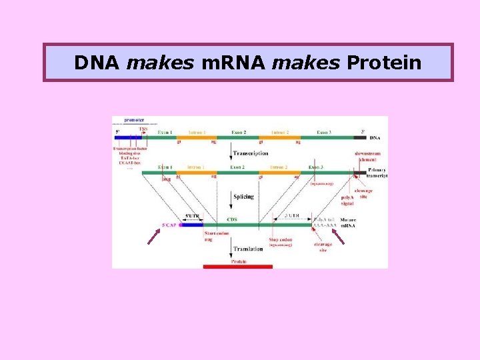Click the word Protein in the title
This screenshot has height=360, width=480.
click(383, 63)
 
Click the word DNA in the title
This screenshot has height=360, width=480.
click(97, 63)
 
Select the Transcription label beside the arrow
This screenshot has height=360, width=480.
click(250, 153)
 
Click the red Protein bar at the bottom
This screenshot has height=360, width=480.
click(238, 267)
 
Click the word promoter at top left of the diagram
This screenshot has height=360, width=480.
click(135, 120)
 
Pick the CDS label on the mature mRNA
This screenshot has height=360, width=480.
click(233, 218)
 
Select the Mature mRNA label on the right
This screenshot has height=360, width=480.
click(348, 223)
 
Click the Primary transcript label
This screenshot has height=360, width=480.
click(377, 173)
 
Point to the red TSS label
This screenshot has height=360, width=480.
click(143, 129)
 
